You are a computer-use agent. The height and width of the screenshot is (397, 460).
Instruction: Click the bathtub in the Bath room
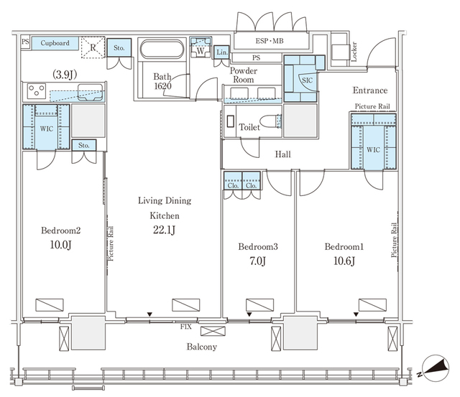162,49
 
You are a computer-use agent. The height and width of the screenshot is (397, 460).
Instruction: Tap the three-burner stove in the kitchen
37,91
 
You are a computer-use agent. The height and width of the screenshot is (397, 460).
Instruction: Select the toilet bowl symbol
270,121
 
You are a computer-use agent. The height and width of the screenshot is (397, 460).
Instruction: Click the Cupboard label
55,43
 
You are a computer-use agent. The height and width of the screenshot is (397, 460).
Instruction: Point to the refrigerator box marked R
93,47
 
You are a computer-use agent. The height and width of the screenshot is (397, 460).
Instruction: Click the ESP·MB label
270,41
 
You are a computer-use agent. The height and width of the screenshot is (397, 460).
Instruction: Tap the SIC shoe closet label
307,80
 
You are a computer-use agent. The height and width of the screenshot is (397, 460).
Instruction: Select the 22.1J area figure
164,230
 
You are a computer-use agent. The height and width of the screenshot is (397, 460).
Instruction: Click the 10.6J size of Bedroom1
344,261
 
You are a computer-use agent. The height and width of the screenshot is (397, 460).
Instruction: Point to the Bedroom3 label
258,247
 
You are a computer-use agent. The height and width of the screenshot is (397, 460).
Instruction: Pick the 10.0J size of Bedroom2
60,245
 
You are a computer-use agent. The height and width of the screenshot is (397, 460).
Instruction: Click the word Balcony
202,347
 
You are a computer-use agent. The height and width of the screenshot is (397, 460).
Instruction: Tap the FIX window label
185,327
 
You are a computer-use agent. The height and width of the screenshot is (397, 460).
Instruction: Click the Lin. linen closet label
222,52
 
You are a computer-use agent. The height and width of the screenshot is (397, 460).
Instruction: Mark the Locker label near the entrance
354,52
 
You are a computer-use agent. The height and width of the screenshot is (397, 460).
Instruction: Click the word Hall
282,154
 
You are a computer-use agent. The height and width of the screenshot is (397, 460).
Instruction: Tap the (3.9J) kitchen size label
65,75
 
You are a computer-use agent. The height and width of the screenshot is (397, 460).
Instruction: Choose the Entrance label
370,90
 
